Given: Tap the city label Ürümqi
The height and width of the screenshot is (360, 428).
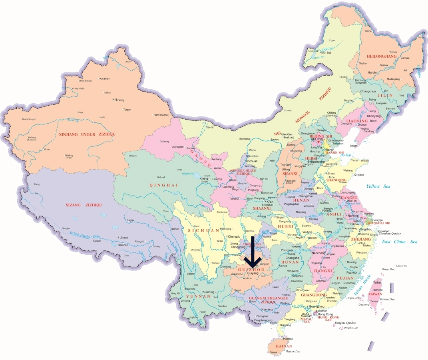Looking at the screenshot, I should click(x=119, y=100).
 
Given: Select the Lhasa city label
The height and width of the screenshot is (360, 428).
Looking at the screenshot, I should click(x=123, y=238).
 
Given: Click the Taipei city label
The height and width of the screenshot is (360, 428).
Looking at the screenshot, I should click(x=378, y=282).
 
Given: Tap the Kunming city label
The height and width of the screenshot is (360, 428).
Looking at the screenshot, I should click(x=209, y=292).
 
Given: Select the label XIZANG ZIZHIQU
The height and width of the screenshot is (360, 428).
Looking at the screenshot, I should click(x=84, y=205).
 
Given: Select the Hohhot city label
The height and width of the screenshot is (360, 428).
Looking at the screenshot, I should click(x=289, y=137).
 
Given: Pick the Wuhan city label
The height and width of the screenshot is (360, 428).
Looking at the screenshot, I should click(x=307, y=232).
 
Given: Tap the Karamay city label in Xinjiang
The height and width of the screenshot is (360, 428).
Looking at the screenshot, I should click(x=104, y=79).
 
